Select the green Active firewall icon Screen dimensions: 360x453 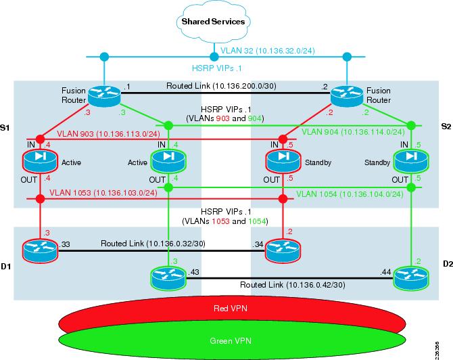tap(166, 162)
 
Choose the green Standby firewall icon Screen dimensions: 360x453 tap(411, 162)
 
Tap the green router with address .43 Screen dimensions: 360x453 tap(166, 276)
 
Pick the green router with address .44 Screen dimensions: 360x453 tap(411, 276)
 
